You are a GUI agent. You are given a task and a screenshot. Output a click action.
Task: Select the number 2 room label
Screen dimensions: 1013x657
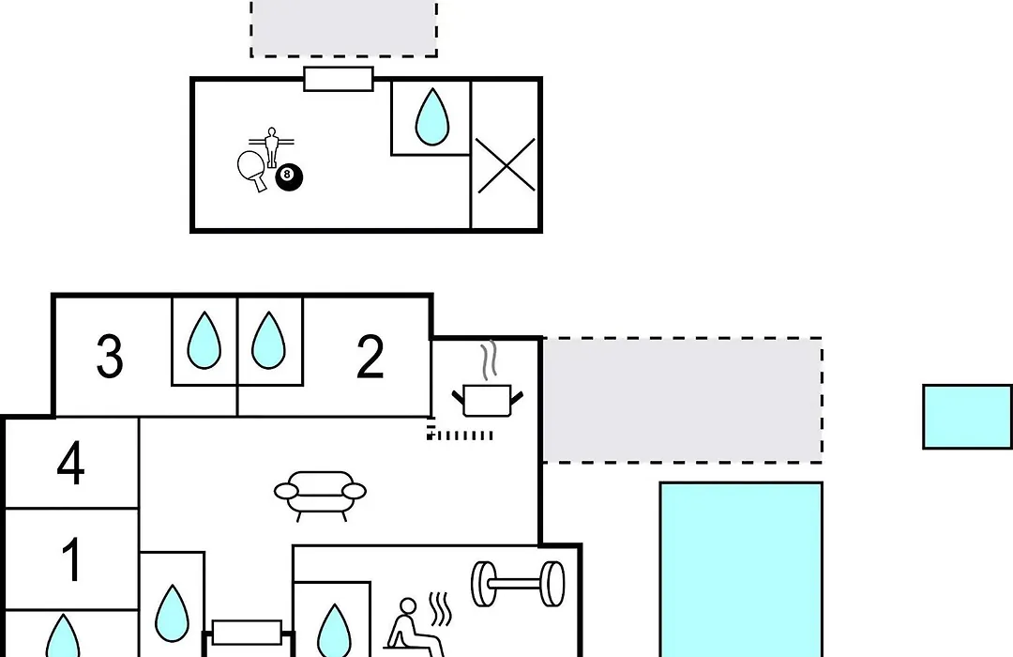coord(370,356)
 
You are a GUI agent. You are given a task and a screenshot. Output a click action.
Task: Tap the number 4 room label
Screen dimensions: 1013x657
coord(70,463)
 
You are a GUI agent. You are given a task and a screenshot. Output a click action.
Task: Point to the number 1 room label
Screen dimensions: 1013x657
coord(71,559)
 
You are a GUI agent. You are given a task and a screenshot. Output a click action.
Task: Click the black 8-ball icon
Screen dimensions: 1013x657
coord(289,177)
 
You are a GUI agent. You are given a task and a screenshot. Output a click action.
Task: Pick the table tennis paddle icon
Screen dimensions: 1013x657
coord(252,170)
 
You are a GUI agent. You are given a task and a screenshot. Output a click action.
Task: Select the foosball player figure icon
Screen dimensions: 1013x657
coord(271,146)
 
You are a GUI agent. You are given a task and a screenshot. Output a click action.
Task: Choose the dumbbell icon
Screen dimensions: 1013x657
coord(518,584)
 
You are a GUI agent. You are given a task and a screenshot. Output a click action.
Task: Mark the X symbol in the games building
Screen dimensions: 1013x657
coord(506,165)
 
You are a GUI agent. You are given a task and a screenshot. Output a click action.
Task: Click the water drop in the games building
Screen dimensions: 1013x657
coord(432,116)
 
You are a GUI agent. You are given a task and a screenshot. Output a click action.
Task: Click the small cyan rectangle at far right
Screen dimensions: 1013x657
coord(967,417)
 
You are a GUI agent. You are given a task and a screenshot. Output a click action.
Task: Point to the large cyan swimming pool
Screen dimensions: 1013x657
coord(741,569)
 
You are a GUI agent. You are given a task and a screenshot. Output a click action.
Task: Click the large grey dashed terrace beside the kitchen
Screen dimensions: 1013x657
coord(682,400)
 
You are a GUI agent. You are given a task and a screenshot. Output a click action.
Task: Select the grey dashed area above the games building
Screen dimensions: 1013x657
coord(343,28)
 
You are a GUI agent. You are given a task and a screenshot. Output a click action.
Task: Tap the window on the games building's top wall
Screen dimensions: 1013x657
coord(339,79)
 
